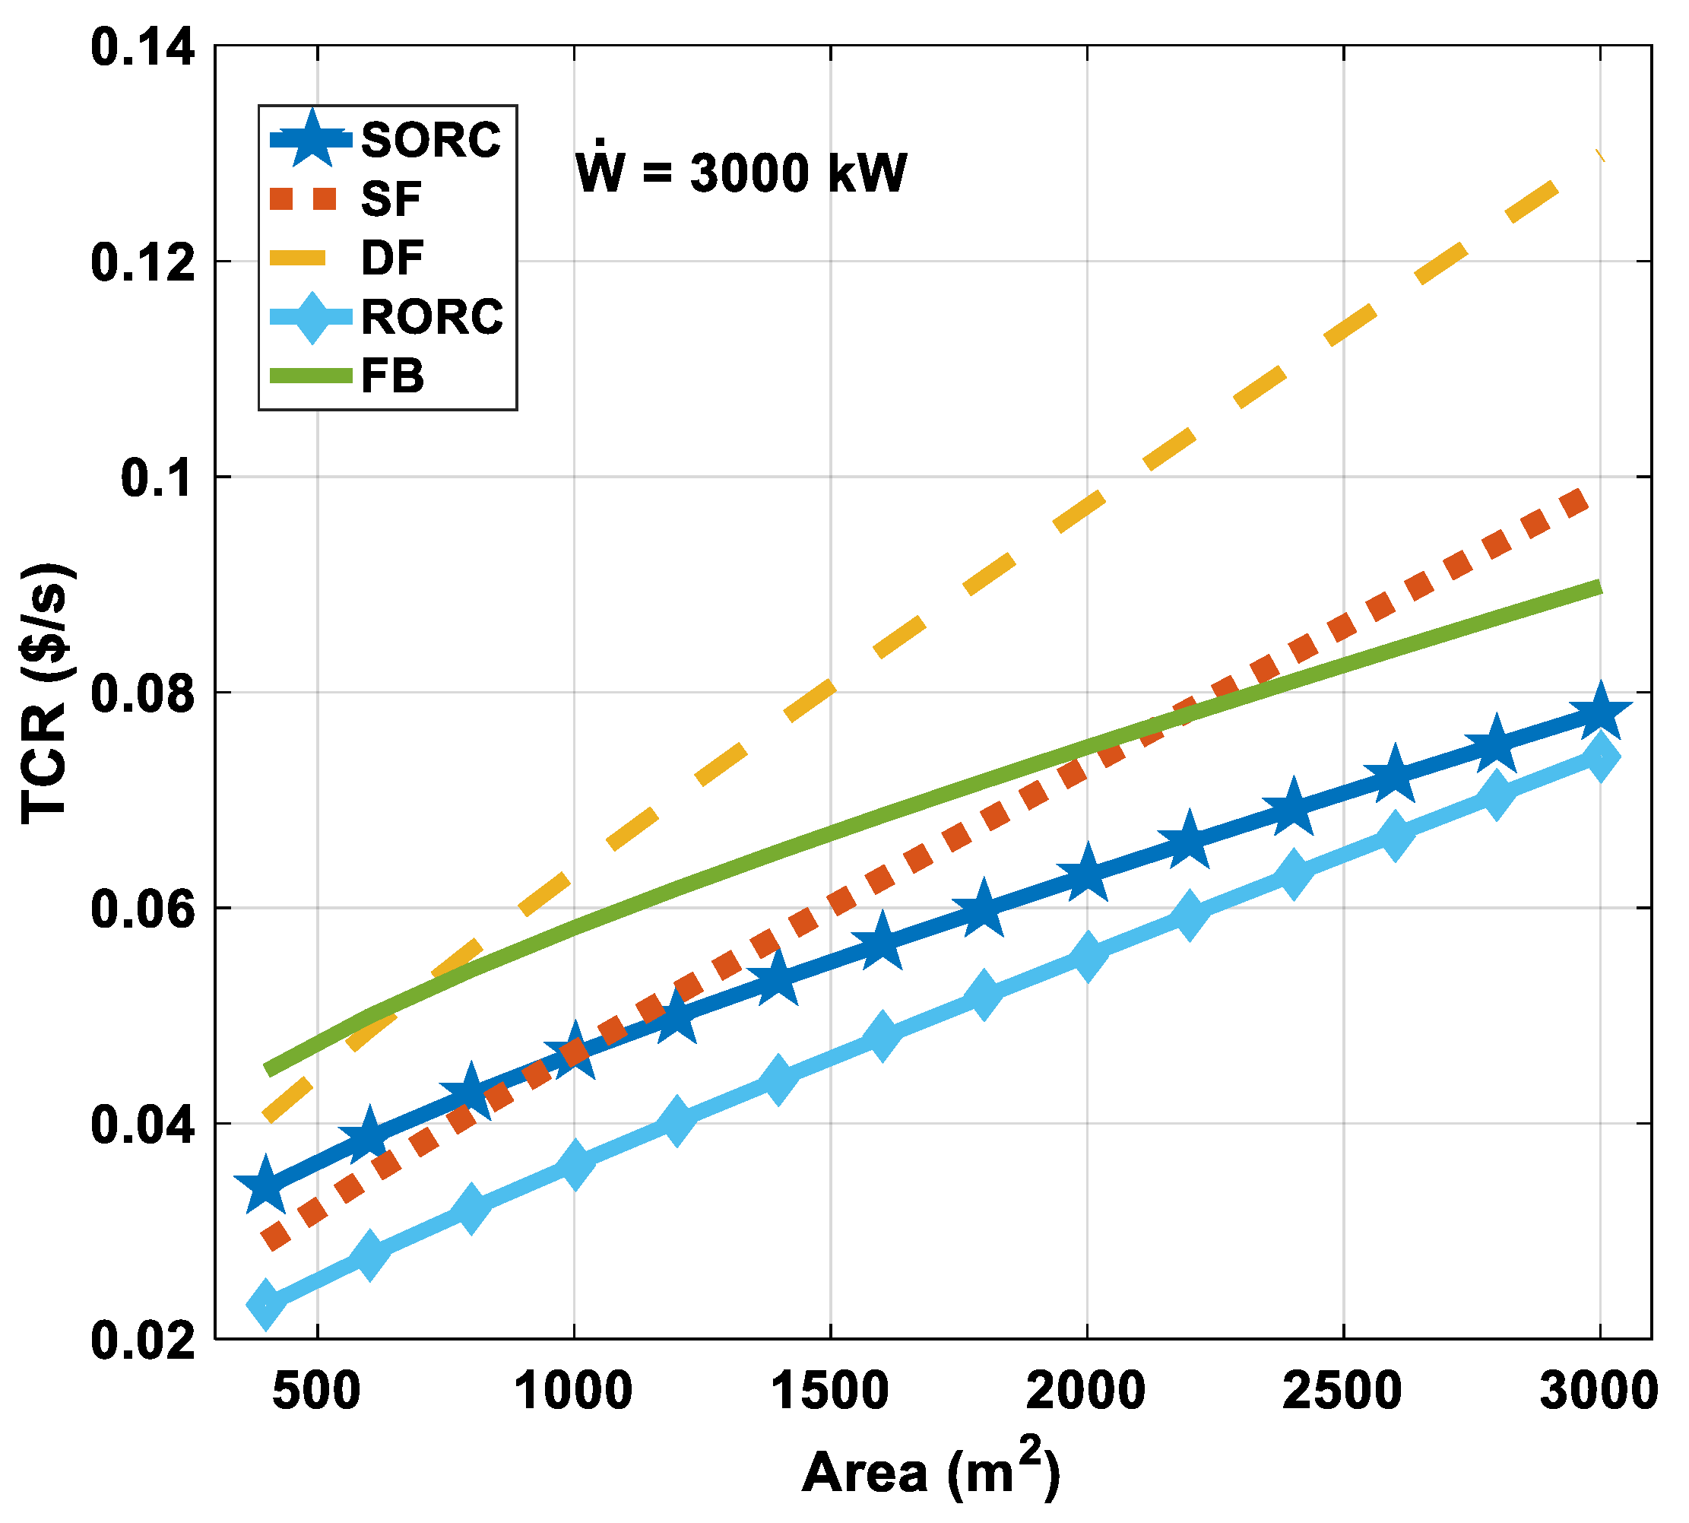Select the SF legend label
(x=391, y=199)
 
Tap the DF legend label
(x=392, y=258)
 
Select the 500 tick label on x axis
(x=317, y=1391)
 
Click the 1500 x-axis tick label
(x=829, y=1391)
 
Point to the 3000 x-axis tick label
(x=1599, y=1391)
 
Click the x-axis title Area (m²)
(x=930, y=1471)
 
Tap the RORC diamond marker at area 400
(x=267, y=1303)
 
